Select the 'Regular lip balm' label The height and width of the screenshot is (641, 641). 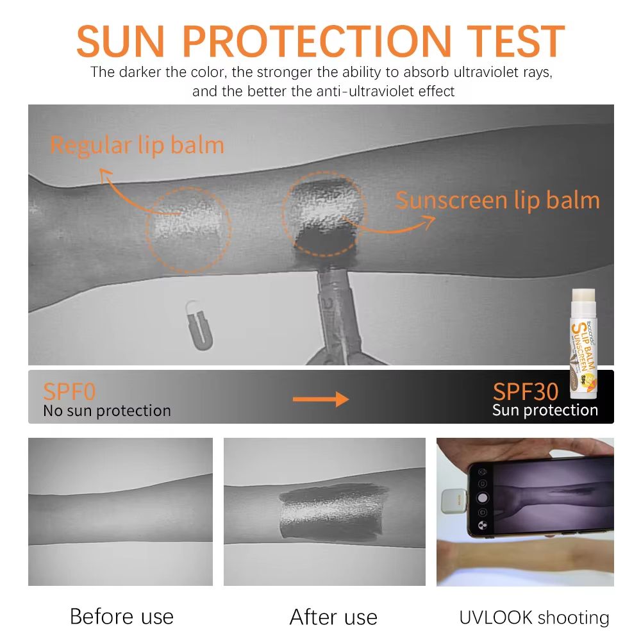tap(137, 145)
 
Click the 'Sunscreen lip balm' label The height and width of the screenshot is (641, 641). tap(497, 200)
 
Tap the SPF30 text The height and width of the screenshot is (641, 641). tap(526, 392)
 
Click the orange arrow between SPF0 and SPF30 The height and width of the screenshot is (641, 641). tap(320, 399)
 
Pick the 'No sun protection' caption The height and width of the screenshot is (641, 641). tap(107, 410)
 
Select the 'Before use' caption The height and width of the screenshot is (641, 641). tap(122, 617)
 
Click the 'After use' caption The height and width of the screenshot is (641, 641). tap(333, 617)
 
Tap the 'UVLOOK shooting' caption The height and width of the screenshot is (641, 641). tap(534, 617)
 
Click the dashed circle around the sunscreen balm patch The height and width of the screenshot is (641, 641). tap(324, 212)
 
